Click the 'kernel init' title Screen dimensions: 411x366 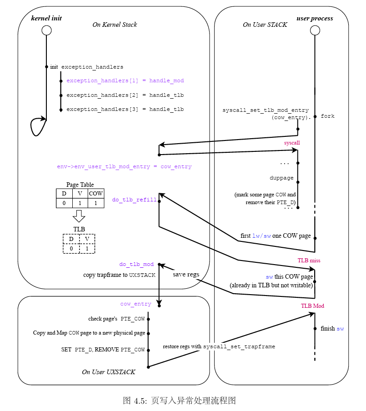tap(46, 19)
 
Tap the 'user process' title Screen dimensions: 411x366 tap(315, 19)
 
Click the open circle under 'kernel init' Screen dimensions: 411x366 tap(46, 30)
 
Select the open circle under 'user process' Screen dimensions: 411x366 tap(315, 30)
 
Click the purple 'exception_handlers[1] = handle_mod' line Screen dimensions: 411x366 tap(125, 81)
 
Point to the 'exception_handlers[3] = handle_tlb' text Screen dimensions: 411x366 tap(125, 110)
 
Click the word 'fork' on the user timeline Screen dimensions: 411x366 tap(327, 116)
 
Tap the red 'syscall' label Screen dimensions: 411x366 tap(292, 143)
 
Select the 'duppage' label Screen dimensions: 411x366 tap(281, 178)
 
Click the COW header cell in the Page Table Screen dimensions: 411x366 tap(95, 194)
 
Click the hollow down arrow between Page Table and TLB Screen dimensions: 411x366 tap(80, 216)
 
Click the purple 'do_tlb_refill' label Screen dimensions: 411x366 tap(134, 200)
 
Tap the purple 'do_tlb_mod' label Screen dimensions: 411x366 tap(136, 265)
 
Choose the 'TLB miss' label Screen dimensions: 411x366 tap(309, 261)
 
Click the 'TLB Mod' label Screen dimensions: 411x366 tap(312, 306)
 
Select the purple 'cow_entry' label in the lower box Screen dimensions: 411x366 tap(135, 304)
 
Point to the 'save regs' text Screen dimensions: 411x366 tap(186, 275)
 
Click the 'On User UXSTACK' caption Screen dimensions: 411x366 tap(109, 372)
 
